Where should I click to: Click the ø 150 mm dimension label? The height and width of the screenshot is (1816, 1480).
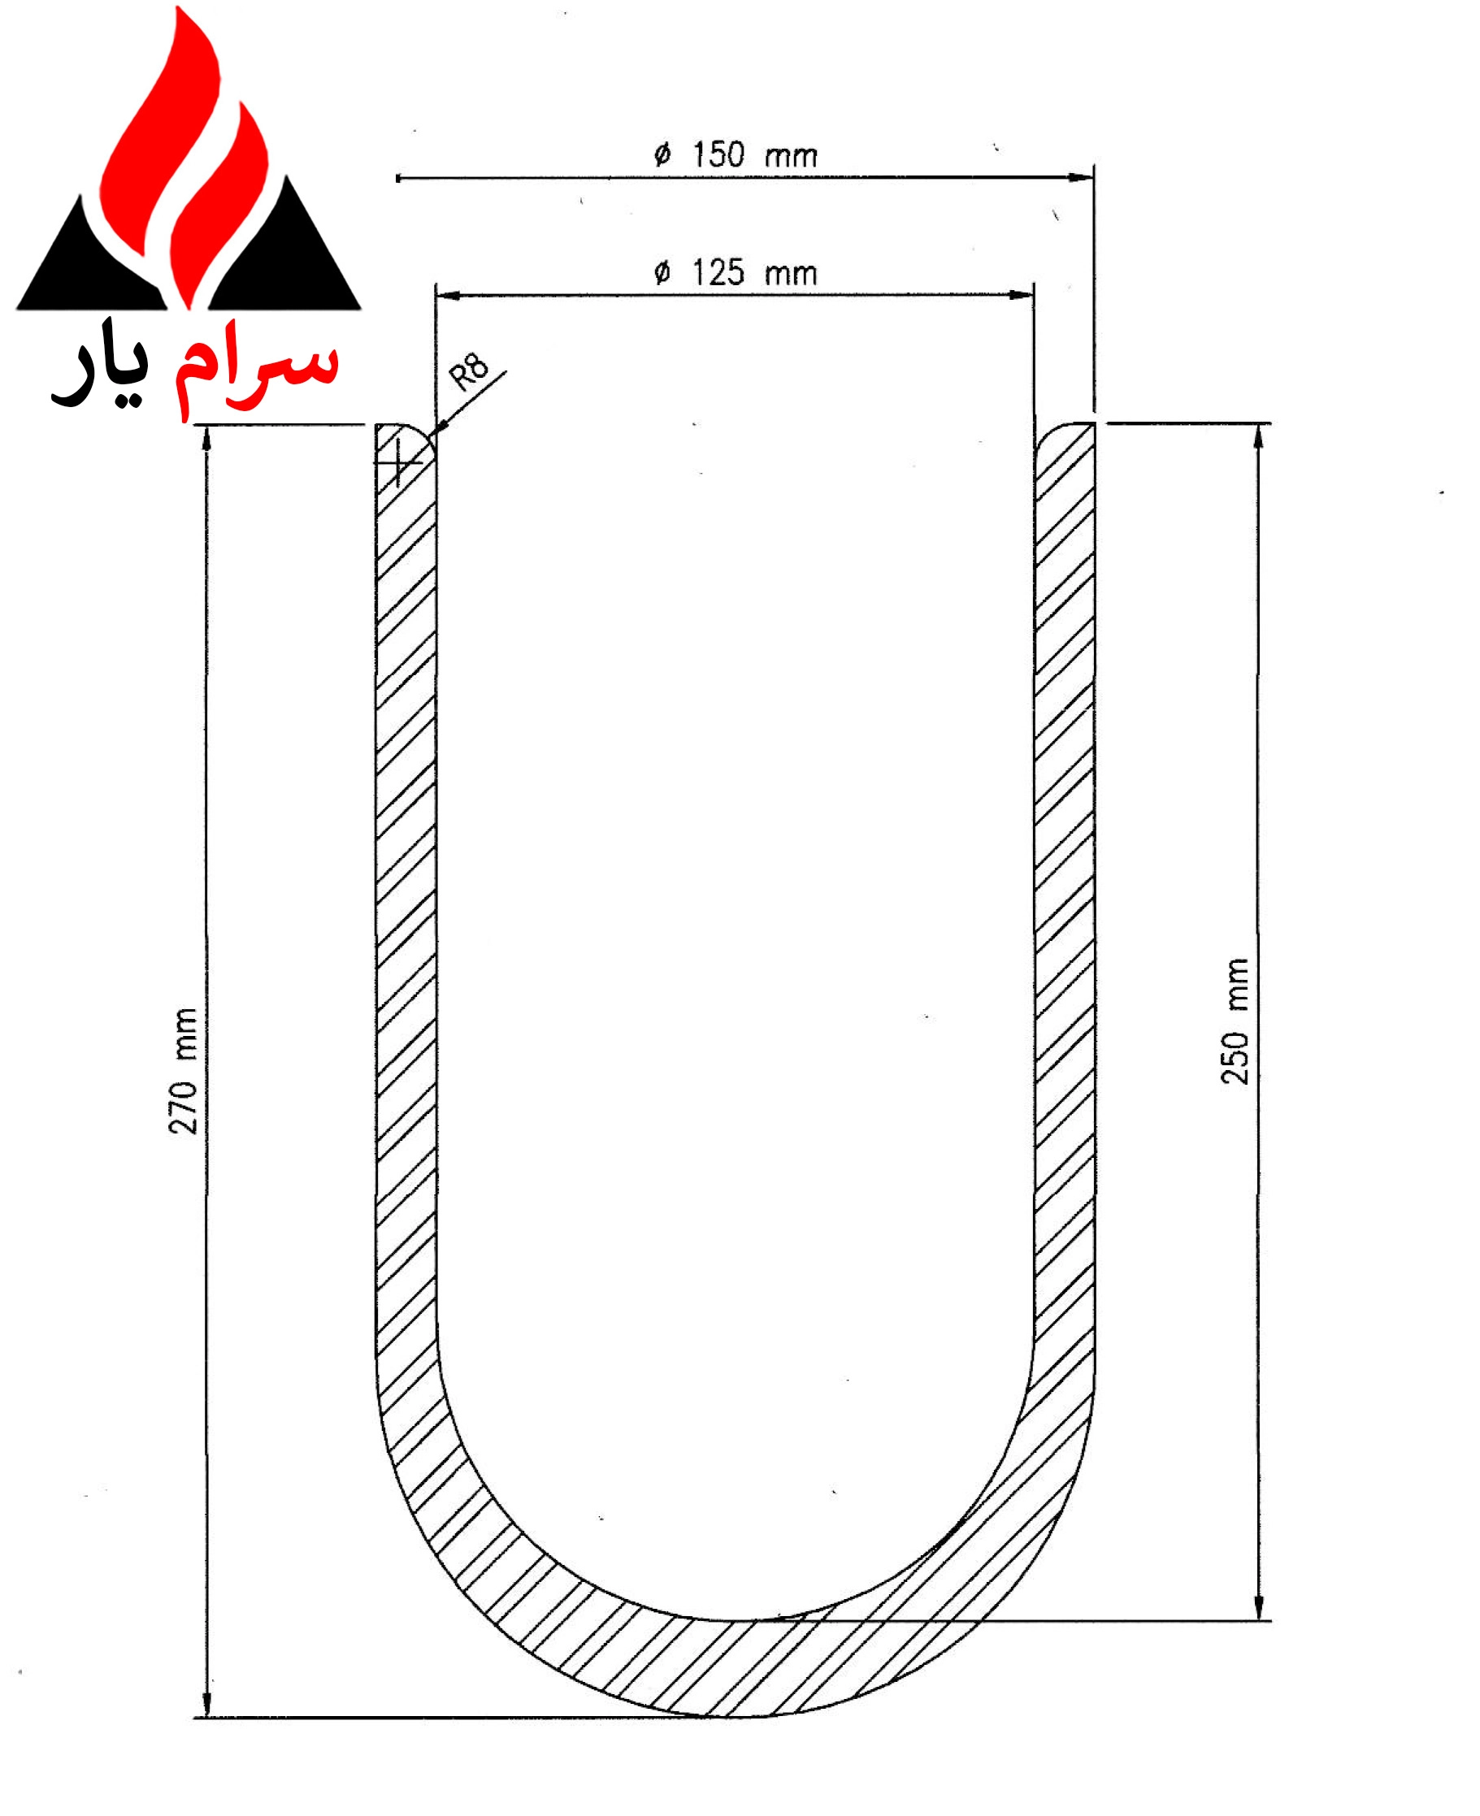(735, 156)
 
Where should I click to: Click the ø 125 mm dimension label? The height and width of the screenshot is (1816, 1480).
(735, 274)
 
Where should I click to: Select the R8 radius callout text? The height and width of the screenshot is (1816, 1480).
(469, 371)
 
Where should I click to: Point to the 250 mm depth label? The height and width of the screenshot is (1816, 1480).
(1235, 1022)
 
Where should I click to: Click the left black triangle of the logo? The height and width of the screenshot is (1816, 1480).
(85, 264)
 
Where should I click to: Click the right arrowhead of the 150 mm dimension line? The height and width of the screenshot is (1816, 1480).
(1083, 178)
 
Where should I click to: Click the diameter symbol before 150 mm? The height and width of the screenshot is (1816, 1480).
(662, 156)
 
